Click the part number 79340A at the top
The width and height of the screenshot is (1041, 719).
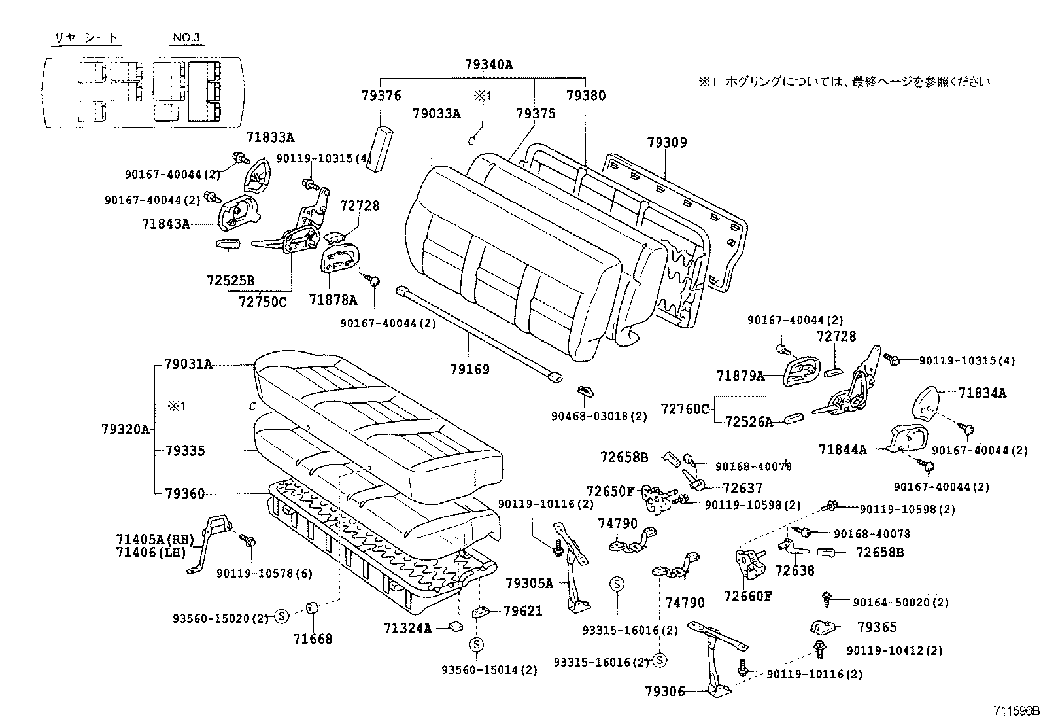488,64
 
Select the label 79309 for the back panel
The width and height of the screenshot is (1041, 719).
667,143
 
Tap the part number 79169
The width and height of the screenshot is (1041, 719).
469,369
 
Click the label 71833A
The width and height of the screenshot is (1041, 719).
270,137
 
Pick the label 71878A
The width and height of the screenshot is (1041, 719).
333,300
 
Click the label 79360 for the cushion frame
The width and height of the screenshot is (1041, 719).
184,493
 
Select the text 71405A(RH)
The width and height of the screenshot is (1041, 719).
155,540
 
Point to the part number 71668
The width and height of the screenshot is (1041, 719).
313,639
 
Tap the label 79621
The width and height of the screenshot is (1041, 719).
523,611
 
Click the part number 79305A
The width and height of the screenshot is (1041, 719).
529,583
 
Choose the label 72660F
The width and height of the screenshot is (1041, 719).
748,596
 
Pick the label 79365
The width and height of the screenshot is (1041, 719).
877,627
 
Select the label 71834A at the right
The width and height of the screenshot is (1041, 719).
982,393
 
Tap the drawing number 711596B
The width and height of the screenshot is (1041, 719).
1014,710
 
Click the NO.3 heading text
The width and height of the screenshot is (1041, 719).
186,37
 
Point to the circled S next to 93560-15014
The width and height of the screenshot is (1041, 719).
476,645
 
